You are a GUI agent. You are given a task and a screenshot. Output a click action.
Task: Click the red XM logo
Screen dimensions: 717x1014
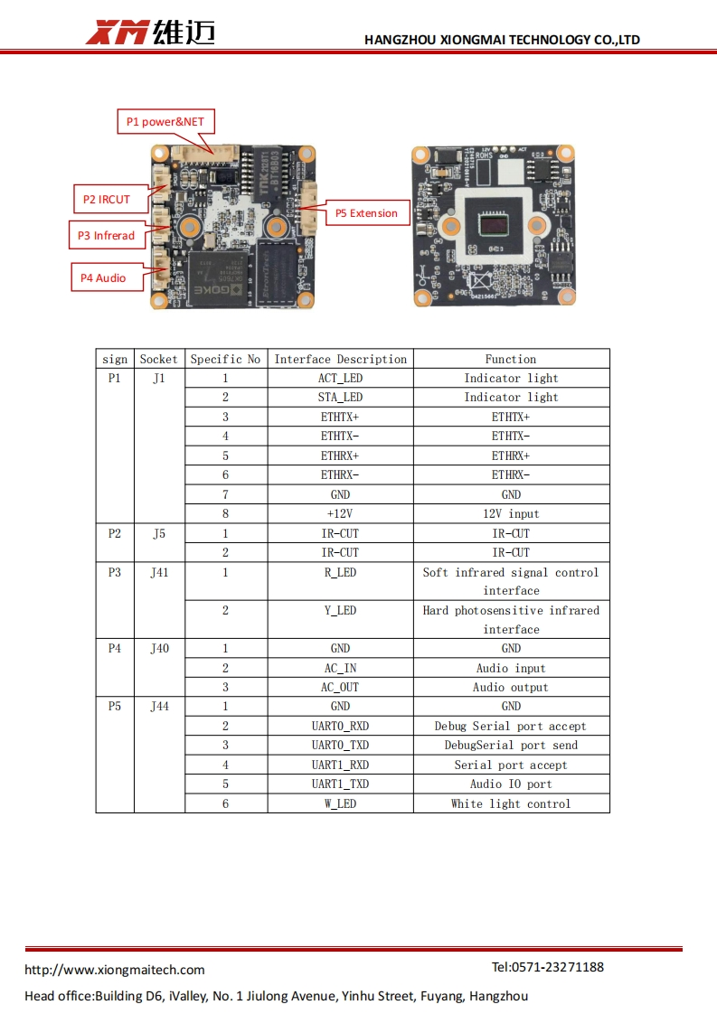tap(118, 33)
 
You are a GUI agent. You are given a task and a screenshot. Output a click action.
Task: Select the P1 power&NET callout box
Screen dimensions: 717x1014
tap(165, 122)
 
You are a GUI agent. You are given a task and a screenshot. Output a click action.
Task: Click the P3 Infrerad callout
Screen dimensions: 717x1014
tap(107, 235)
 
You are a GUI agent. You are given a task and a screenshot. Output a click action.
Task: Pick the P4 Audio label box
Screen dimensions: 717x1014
tap(108, 277)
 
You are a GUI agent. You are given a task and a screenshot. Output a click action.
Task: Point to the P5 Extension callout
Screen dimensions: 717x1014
tap(367, 212)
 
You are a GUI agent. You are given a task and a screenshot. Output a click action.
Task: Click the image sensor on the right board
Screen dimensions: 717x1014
tap(495, 224)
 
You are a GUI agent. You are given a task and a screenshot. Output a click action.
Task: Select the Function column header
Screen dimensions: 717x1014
tap(511, 359)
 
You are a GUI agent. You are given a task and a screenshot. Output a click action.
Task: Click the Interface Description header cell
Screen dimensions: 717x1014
tap(340, 359)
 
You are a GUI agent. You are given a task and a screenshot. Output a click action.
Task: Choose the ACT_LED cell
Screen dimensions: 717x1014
tap(340, 379)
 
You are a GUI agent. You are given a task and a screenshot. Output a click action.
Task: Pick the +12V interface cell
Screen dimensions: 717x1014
tap(340, 513)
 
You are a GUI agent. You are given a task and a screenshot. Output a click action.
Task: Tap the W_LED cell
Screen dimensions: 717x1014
tap(340, 803)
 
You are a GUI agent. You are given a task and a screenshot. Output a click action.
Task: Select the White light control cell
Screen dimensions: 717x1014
tap(511, 803)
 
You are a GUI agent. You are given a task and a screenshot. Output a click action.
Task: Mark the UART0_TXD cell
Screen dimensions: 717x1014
tap(340, 745)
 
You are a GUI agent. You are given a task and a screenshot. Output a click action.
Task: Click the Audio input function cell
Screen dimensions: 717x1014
tap(511, 668)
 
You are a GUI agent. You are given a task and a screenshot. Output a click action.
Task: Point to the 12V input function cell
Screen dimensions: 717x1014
tap(511, 513)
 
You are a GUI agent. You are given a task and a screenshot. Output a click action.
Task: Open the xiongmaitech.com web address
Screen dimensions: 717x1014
tap(115, 970)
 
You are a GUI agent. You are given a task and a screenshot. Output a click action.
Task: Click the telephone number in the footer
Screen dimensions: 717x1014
tap(547, 967)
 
